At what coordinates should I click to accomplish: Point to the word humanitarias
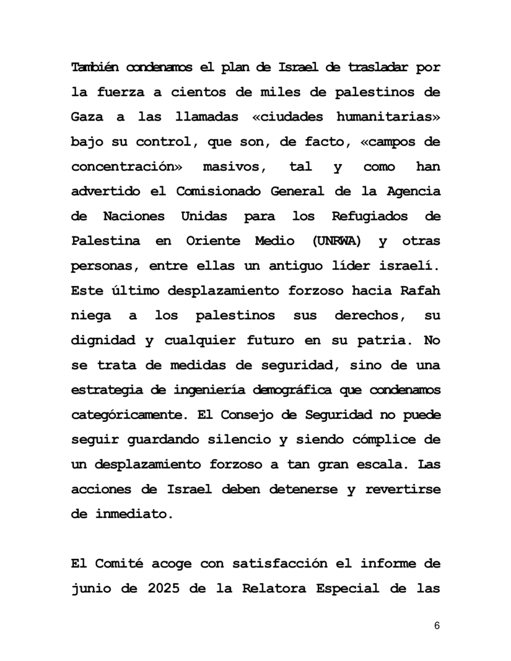(x=388, y=116)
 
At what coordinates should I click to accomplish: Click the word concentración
(x=124, y=166)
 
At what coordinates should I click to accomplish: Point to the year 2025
(x=164, y=588)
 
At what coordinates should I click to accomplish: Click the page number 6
(x=437, y=626)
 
